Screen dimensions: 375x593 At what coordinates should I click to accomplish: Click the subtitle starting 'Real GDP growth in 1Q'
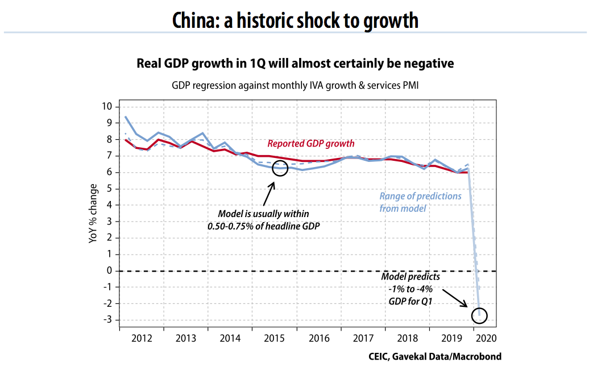click(x=295, y=63)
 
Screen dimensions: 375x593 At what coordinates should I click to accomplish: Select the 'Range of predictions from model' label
click(x=420, y=202)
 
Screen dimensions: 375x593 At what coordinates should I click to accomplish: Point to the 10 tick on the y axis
click(x=107, y=107)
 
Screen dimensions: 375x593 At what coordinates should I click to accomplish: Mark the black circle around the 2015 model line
click(x=280, y=168)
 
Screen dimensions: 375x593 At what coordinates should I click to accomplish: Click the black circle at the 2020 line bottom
click(x=479, y=315)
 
